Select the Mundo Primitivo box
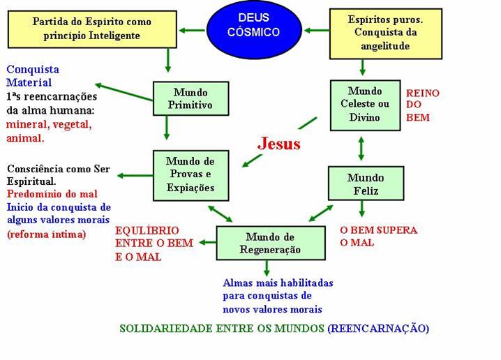190,99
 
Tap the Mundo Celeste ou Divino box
365,104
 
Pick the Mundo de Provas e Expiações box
190,174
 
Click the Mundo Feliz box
366,184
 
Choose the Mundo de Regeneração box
270,243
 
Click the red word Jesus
279,144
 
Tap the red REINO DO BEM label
422,105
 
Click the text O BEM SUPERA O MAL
377,237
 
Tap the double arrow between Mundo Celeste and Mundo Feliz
361,149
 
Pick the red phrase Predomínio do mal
52,194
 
